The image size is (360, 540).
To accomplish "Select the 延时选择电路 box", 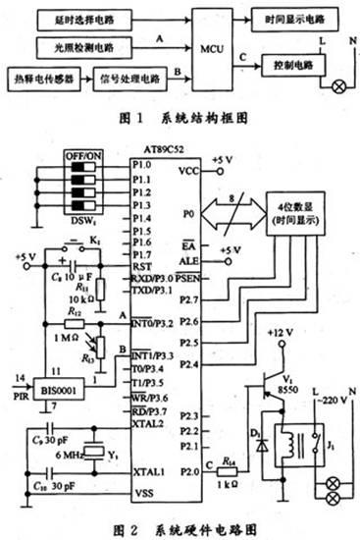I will (x=87, y=19).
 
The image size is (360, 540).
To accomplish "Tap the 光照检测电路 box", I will (x=87, y=46).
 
